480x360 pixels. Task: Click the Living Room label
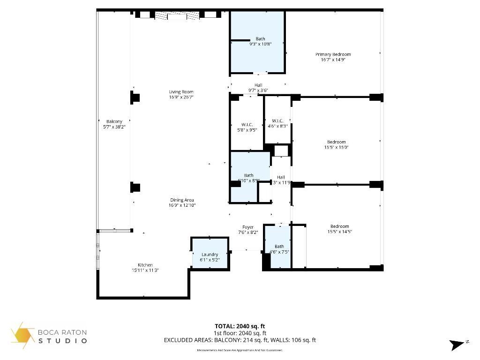[x=181, y=92]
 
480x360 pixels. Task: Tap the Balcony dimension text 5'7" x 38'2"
[x=114, y=127]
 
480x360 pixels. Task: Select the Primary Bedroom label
[x=333, y=54]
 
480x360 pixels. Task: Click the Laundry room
[x=210, y=255]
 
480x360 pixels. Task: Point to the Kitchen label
[x=145, y=265]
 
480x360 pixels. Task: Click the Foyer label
[x=248, y=227]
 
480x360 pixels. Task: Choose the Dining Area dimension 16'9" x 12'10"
[x=182, y=205]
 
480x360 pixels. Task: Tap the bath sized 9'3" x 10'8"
[x=260, y=41]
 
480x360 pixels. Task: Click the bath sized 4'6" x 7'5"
[x=279, y=249]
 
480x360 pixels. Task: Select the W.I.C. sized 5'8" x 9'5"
[x=247, y=127]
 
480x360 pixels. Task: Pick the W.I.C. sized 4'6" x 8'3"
[x=278, y=123]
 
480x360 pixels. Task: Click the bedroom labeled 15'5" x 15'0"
[x=336, y=144]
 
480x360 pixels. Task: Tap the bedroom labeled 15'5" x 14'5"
[x=339, y=229]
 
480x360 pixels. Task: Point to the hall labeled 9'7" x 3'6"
[x=258, y=88]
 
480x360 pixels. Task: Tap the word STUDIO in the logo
[x=63, y=341]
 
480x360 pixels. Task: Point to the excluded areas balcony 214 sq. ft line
[x=240, y=340]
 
